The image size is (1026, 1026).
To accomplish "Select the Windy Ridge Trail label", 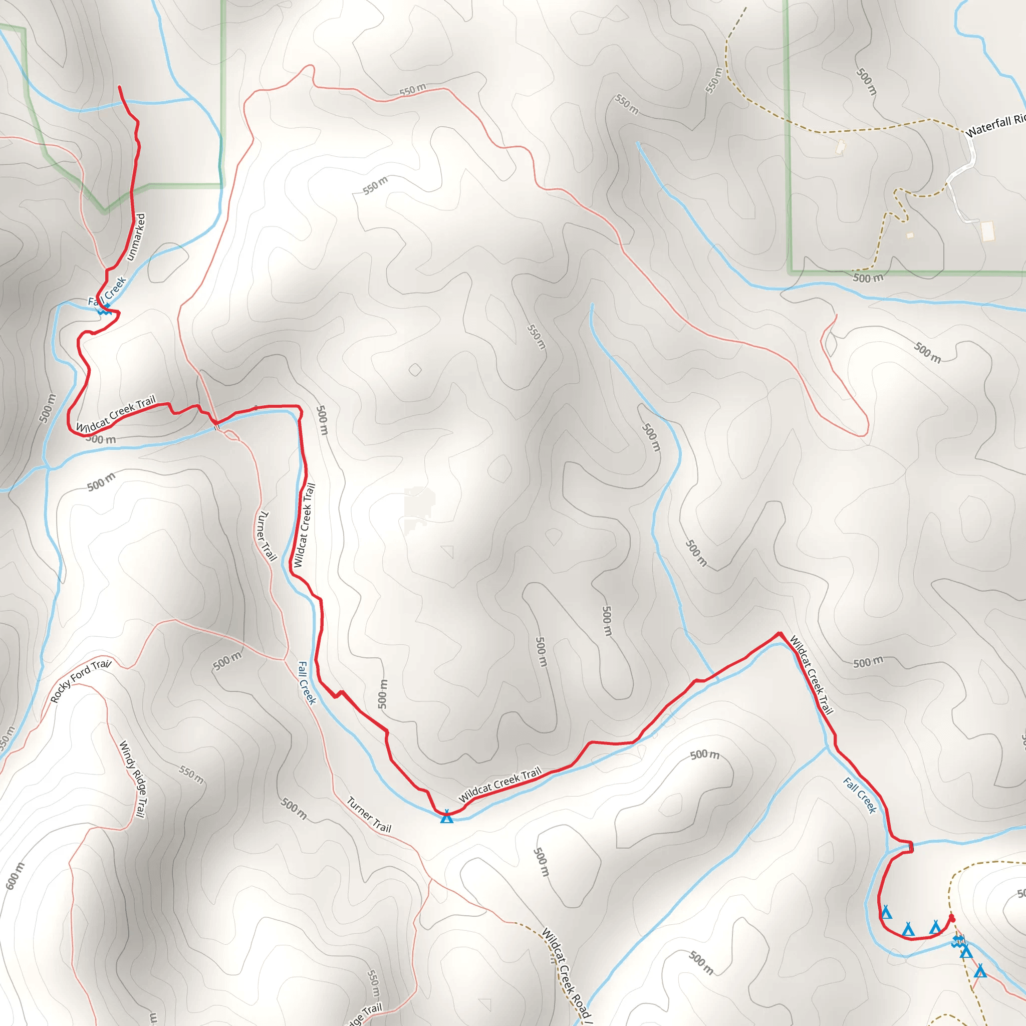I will [132, 779].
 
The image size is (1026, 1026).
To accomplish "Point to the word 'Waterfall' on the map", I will [988, 127].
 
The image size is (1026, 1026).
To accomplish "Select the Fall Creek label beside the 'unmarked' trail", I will [107, 292].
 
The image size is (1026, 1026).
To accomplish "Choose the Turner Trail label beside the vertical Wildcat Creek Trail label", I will [267, 536].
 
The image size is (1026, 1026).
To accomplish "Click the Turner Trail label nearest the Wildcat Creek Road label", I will [369, 815].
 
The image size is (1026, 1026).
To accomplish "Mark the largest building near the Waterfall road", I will [987, 231].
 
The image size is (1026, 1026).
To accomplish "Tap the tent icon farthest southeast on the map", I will [980, 971].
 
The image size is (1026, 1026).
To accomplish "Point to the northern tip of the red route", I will [120, 87].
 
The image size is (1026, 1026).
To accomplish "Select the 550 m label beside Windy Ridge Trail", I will [191, 775].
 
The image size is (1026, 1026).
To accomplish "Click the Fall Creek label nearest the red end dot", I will [860, 795].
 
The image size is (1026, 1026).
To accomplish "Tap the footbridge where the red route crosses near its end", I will [911, 846].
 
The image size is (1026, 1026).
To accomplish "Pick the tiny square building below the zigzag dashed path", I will [910, 235].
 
